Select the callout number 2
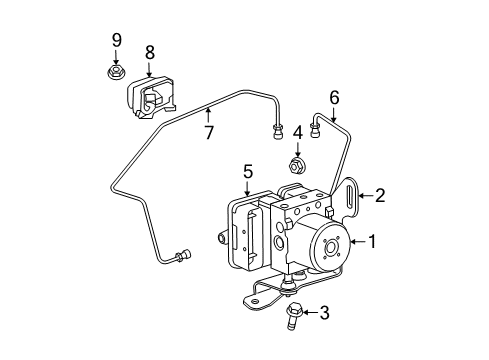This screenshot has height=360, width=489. tap(380, 196)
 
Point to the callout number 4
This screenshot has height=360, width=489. tap(298, 132)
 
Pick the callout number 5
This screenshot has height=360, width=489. tap(248, 173)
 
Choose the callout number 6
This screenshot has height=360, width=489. tap(334, 96)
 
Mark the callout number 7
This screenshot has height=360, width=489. tap(209, 133)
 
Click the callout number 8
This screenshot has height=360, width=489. tap(149, 51)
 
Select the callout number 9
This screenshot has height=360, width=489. tap(117, 41)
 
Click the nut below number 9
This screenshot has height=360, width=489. tap(117, 73)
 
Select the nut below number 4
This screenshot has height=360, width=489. tap(298, 164)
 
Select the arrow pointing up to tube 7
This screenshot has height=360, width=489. tap(209, 115)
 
